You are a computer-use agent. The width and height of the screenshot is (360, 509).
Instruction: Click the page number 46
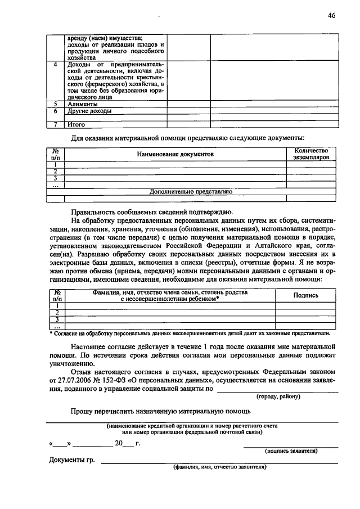(331, 16)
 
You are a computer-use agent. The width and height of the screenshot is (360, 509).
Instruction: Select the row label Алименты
(82, 104)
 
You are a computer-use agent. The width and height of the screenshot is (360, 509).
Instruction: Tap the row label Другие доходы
(89, 111)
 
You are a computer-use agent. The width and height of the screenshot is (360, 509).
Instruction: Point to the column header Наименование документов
(175, 154)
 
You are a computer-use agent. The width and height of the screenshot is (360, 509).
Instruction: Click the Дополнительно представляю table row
(191, 191)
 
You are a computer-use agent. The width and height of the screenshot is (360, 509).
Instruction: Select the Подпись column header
(307, 295)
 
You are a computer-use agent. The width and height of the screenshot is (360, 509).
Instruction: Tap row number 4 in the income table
(55, 65)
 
